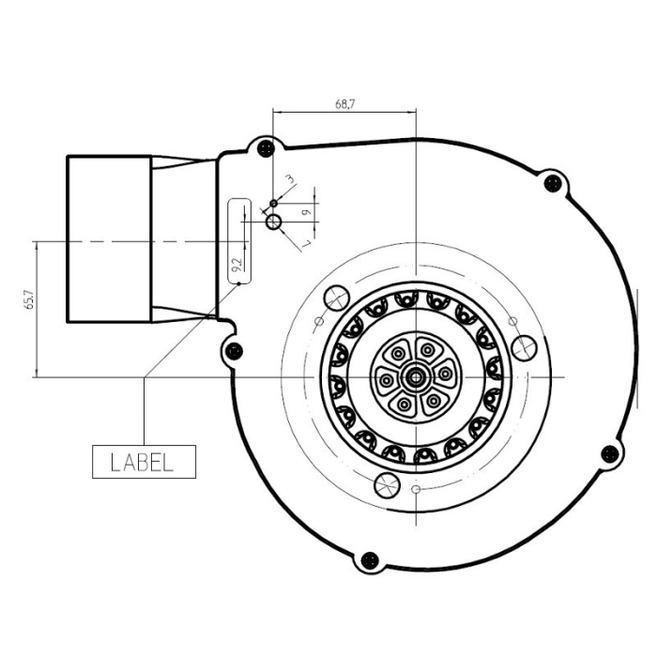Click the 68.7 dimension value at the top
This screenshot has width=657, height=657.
coord(344,103)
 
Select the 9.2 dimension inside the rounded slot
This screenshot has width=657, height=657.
coord(237,265)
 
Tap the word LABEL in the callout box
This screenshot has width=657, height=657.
coord(143,462)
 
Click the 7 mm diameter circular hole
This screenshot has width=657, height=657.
coord(273,222)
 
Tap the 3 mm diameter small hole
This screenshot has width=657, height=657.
coord(273,202)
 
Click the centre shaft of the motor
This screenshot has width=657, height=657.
coord(414,376)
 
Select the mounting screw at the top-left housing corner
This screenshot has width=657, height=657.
coord(266,147)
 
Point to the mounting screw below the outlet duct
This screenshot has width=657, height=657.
coord(234,351)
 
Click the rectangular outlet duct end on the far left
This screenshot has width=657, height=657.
coord(108,240)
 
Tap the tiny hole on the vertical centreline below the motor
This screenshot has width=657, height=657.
coord(415,490)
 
